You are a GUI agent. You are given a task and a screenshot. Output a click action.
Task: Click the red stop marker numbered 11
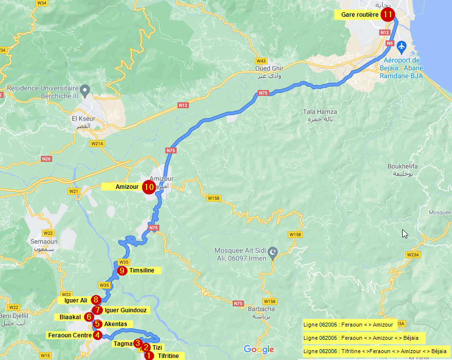pyautogui.click(x=388, y=14)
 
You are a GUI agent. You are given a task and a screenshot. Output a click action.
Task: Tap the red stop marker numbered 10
pyautogui.click(x=149, y=187)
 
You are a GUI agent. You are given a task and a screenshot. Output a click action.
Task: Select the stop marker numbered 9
pyautogui.click(x=122, y=270)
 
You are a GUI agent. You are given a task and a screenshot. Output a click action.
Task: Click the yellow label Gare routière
pyautogui.click(x=360, y=15)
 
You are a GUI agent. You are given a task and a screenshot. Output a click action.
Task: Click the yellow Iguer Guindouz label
pyautogui.click(x=125, y=310)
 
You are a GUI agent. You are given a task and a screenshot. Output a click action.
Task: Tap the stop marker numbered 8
pyautogui.click(x=96, y=300)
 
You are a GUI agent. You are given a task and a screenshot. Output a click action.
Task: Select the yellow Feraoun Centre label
pyautogui.click(x=69, y=335)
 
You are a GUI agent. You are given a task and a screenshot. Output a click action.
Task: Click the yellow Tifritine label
pyautogui.click(x=168, y=356)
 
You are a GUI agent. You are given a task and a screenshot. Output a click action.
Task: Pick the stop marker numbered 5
pyautogui.click(x=98, y=324)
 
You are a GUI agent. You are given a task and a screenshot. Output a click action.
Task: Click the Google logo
pyautogui.click(x=259, y=350)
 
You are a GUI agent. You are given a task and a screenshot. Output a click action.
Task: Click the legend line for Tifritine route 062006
pyautogui.click(x=375, y=351)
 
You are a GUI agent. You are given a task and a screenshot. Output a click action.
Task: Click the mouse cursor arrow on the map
pyautogui.click(x=405, y=234)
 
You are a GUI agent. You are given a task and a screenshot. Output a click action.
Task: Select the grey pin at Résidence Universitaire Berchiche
pyautogui.click(x=85, y=90)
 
